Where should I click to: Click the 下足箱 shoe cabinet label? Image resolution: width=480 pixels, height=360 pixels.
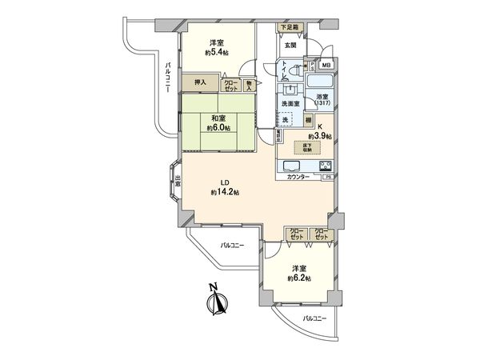tap(289, 28)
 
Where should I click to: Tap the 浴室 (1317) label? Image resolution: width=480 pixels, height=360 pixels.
tap(322, 102)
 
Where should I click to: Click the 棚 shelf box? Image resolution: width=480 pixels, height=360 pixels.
tap(308, 119)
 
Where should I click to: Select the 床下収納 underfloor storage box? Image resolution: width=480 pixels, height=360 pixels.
tap(307, 146)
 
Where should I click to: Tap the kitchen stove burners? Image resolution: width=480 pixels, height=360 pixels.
tap(326, 166)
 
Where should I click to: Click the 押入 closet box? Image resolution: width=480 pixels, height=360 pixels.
tap(200, 82)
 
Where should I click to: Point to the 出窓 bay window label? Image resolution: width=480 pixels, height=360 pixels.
tap(178, 183)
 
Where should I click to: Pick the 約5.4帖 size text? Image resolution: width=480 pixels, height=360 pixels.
tap(216, 53)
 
